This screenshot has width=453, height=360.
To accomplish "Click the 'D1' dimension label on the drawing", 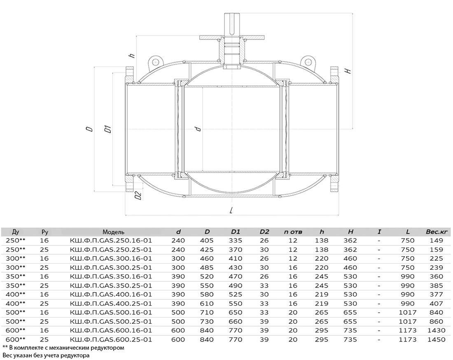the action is (x=108, y=129).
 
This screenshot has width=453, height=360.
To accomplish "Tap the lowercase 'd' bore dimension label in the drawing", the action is (x=198, y=129).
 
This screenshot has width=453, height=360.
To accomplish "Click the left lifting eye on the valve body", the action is (x=155, y=61).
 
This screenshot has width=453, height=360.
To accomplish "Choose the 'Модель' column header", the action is (x=114, y=232).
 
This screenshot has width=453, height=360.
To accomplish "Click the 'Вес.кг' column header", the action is (x=436, y=232).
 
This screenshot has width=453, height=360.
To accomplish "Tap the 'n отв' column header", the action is (x=293, y=232).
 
